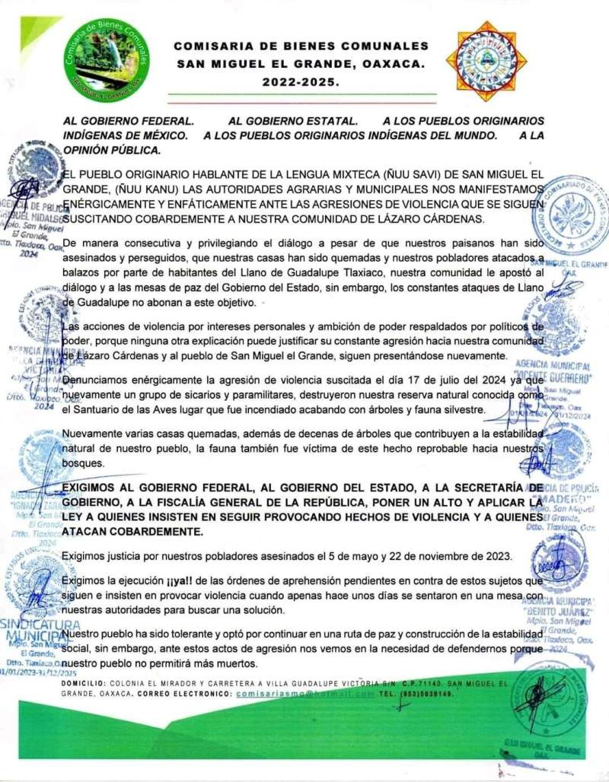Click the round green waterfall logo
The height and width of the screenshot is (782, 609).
point(107,58)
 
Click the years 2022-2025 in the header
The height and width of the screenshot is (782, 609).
point(301,81)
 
